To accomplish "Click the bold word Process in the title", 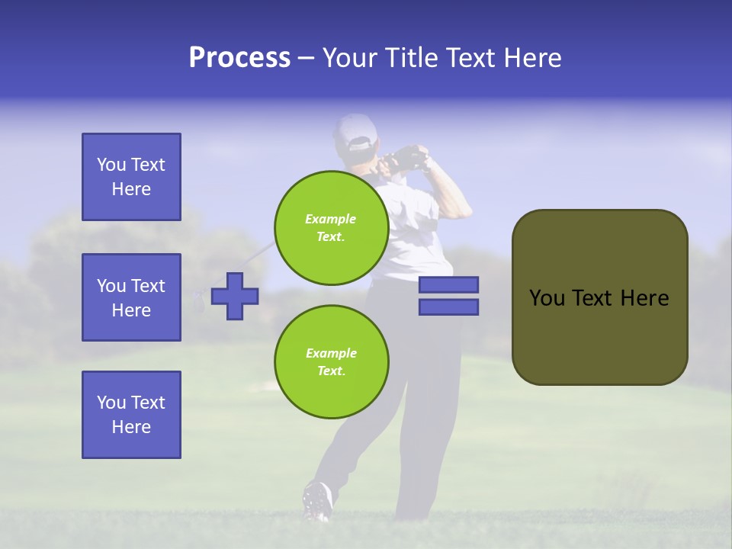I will click(x=239, y=58).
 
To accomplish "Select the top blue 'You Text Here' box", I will click(x=131, y=177).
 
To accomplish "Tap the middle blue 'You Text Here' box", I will click(x=131, y=297).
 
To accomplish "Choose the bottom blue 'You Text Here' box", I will click(x=131, y=415).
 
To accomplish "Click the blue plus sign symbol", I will click(x=235, y=295).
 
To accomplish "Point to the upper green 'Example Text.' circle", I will click(x=332, y=227).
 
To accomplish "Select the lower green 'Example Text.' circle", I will click(x=332, y=361).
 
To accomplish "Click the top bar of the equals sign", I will click(x=448, y=285).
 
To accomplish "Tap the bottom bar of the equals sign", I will click(x=448, y=307).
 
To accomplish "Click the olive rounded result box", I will click(x=599, y=297).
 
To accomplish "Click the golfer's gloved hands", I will click(x=406, y=157).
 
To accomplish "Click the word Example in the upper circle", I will click(x=331, y=219).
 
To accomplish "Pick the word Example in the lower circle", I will click(x=331, y=353).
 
